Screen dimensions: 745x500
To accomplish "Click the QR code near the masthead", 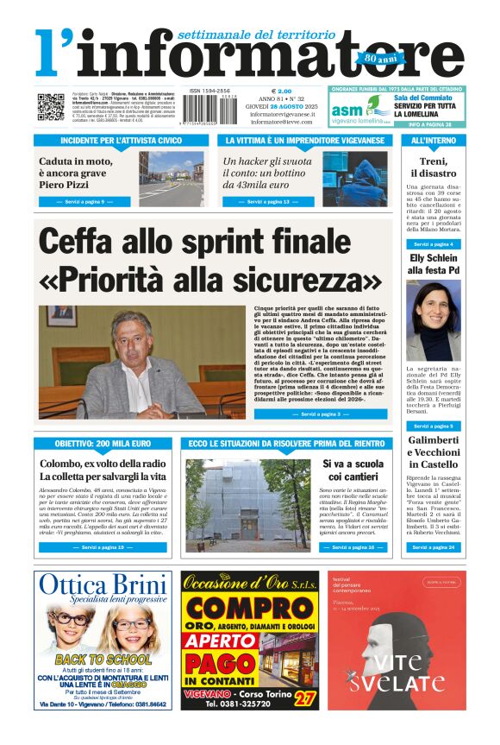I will [x=50, y=106].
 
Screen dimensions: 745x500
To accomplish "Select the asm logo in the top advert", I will [x=348, y=109].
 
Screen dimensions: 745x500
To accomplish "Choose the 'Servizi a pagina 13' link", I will [x=266, y=201].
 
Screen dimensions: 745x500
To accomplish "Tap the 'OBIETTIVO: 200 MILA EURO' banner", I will [x=103, y=443].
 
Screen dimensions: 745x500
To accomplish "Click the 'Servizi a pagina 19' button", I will [x=103, y=546].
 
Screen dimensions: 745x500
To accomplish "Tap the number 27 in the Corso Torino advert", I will [x=303, y=697].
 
